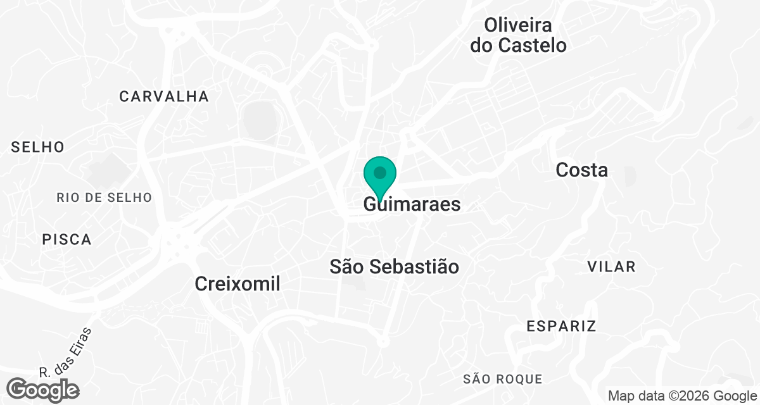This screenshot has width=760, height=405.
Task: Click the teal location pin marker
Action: (x=380, y=177)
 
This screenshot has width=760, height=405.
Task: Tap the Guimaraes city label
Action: (x=412, y=205)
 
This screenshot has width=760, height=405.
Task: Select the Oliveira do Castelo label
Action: (x=517, y=35)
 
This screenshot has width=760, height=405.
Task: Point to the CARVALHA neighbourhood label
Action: (x=164, y=97)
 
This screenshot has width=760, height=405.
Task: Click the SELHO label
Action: (x=38, y=147)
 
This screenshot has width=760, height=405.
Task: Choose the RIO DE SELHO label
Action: (x=104, y=197)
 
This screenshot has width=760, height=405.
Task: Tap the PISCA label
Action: (x=67, y=240)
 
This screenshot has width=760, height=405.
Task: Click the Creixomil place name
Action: (x=237, y=284)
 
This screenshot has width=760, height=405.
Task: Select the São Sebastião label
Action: (x=394, y=266)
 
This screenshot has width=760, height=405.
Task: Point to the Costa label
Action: (x=581, y=170)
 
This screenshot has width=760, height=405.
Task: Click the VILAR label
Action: (x=611, y=266)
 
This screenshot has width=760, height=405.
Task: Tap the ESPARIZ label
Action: (x=562, y=327)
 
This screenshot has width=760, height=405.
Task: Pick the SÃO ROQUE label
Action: (x=503, y=379)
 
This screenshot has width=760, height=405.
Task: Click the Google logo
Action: (x=43, y=389)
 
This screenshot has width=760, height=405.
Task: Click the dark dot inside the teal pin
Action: (x=380, y=172)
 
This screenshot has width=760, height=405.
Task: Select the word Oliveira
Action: (x=517, y=25)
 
